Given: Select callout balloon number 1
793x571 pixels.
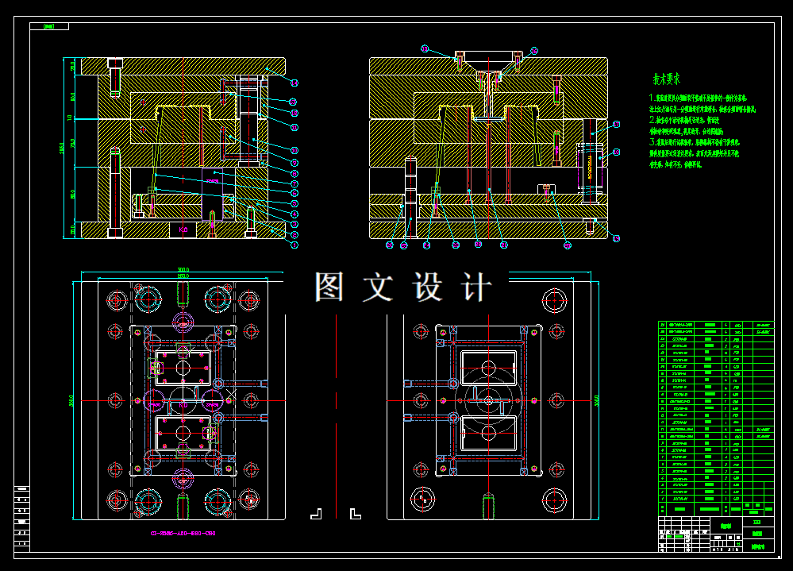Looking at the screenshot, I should (x=294, y=245).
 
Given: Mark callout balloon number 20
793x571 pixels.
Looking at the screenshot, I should (x=567, y=245).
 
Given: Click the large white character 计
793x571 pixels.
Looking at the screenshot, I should (x=476, y=287).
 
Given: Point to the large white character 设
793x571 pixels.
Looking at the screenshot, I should (x=428, y=287).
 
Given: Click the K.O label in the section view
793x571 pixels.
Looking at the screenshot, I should (x=183, y=230).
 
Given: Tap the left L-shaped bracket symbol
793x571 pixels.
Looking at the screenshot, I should (x=315, y=514).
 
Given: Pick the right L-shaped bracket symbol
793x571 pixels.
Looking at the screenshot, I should (x=354, y=514).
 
